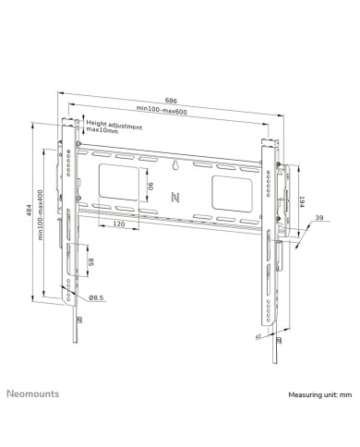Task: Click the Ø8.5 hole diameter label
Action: (96, 297)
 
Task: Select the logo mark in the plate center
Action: (176, 198)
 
